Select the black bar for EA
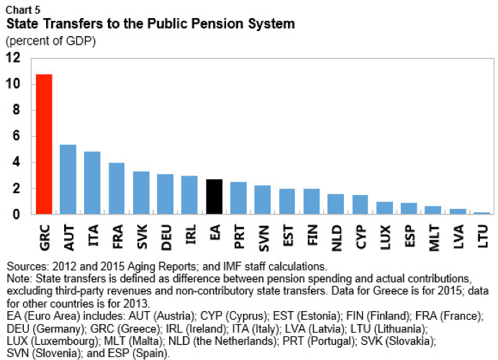point(214,197)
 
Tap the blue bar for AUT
point(68,179)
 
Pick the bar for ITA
point(92,183)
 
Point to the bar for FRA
point(117,189)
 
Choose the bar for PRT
point(239,198)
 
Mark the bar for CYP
point(361,204)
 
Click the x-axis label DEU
point(166,235)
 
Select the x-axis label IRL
point(190,234)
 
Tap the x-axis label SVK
point(141,235)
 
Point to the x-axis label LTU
point(483,235)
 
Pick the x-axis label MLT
point(434,235)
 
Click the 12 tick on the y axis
point(12,58)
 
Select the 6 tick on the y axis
point(16,136)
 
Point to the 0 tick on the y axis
point(16,215)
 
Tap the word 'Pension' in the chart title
point(208,24)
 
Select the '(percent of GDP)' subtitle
point(50,40)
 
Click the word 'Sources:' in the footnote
point(28,267)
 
